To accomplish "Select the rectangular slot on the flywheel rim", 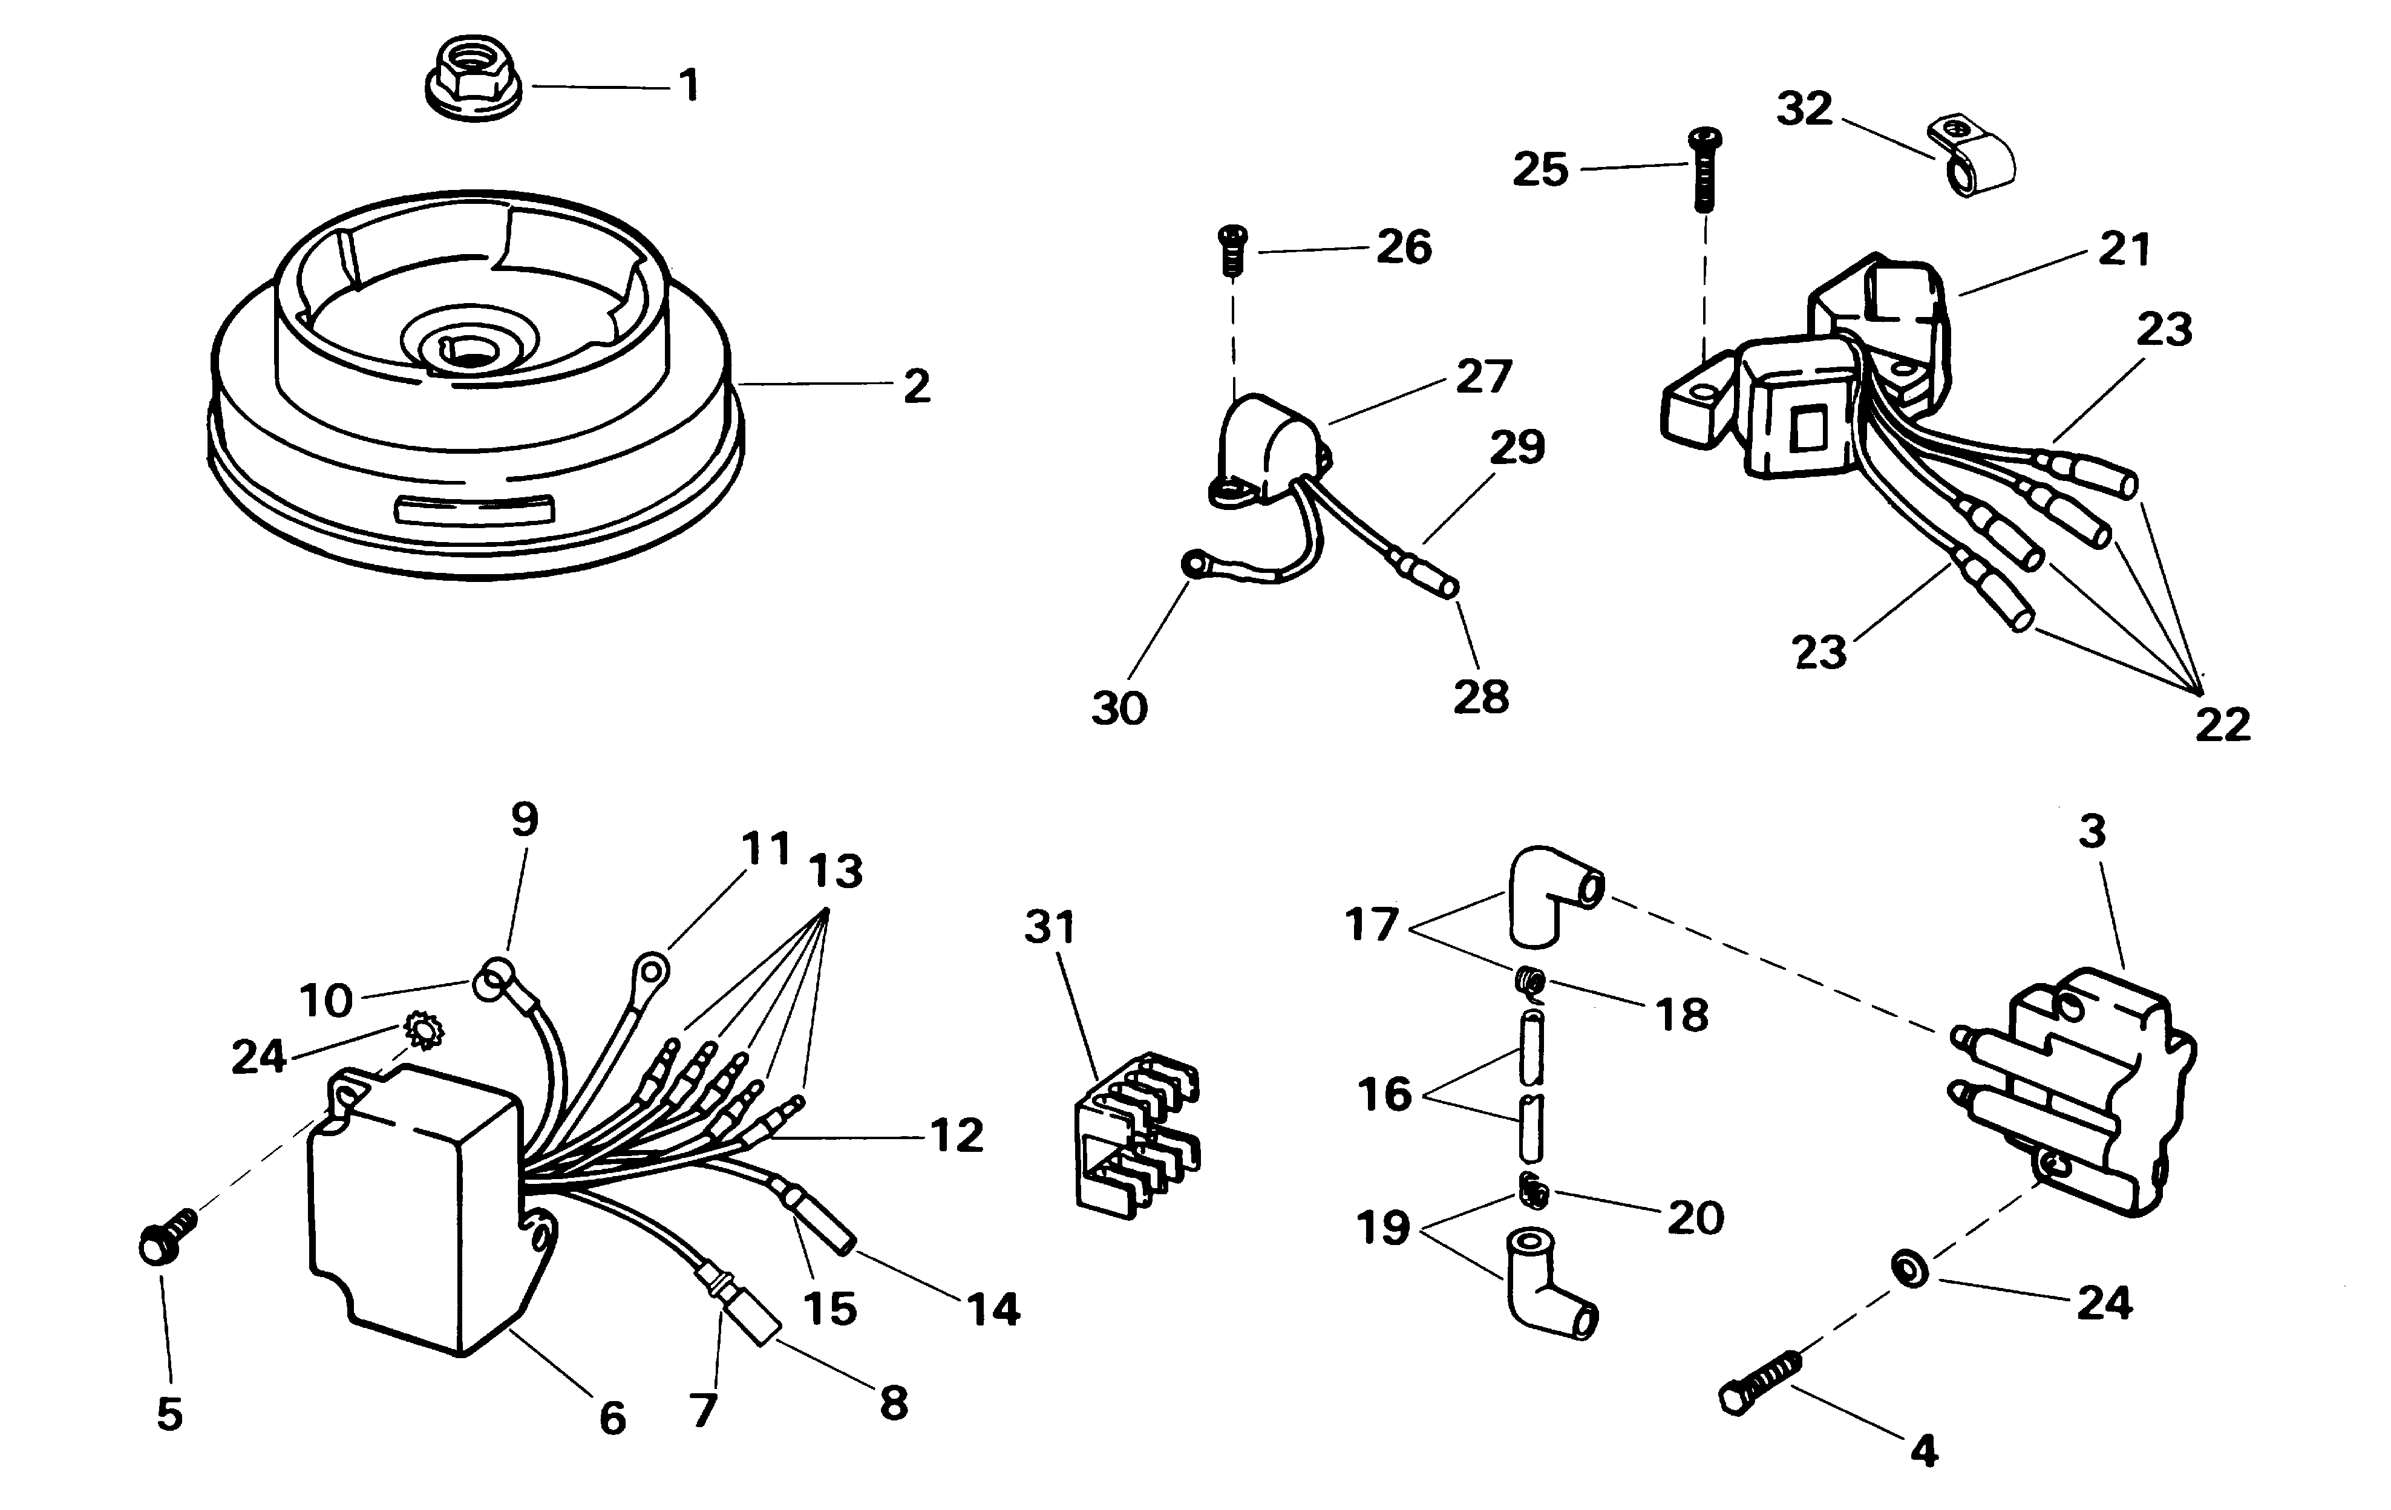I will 474,509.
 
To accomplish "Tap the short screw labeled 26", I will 1233,250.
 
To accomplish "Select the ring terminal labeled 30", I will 1191,565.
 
